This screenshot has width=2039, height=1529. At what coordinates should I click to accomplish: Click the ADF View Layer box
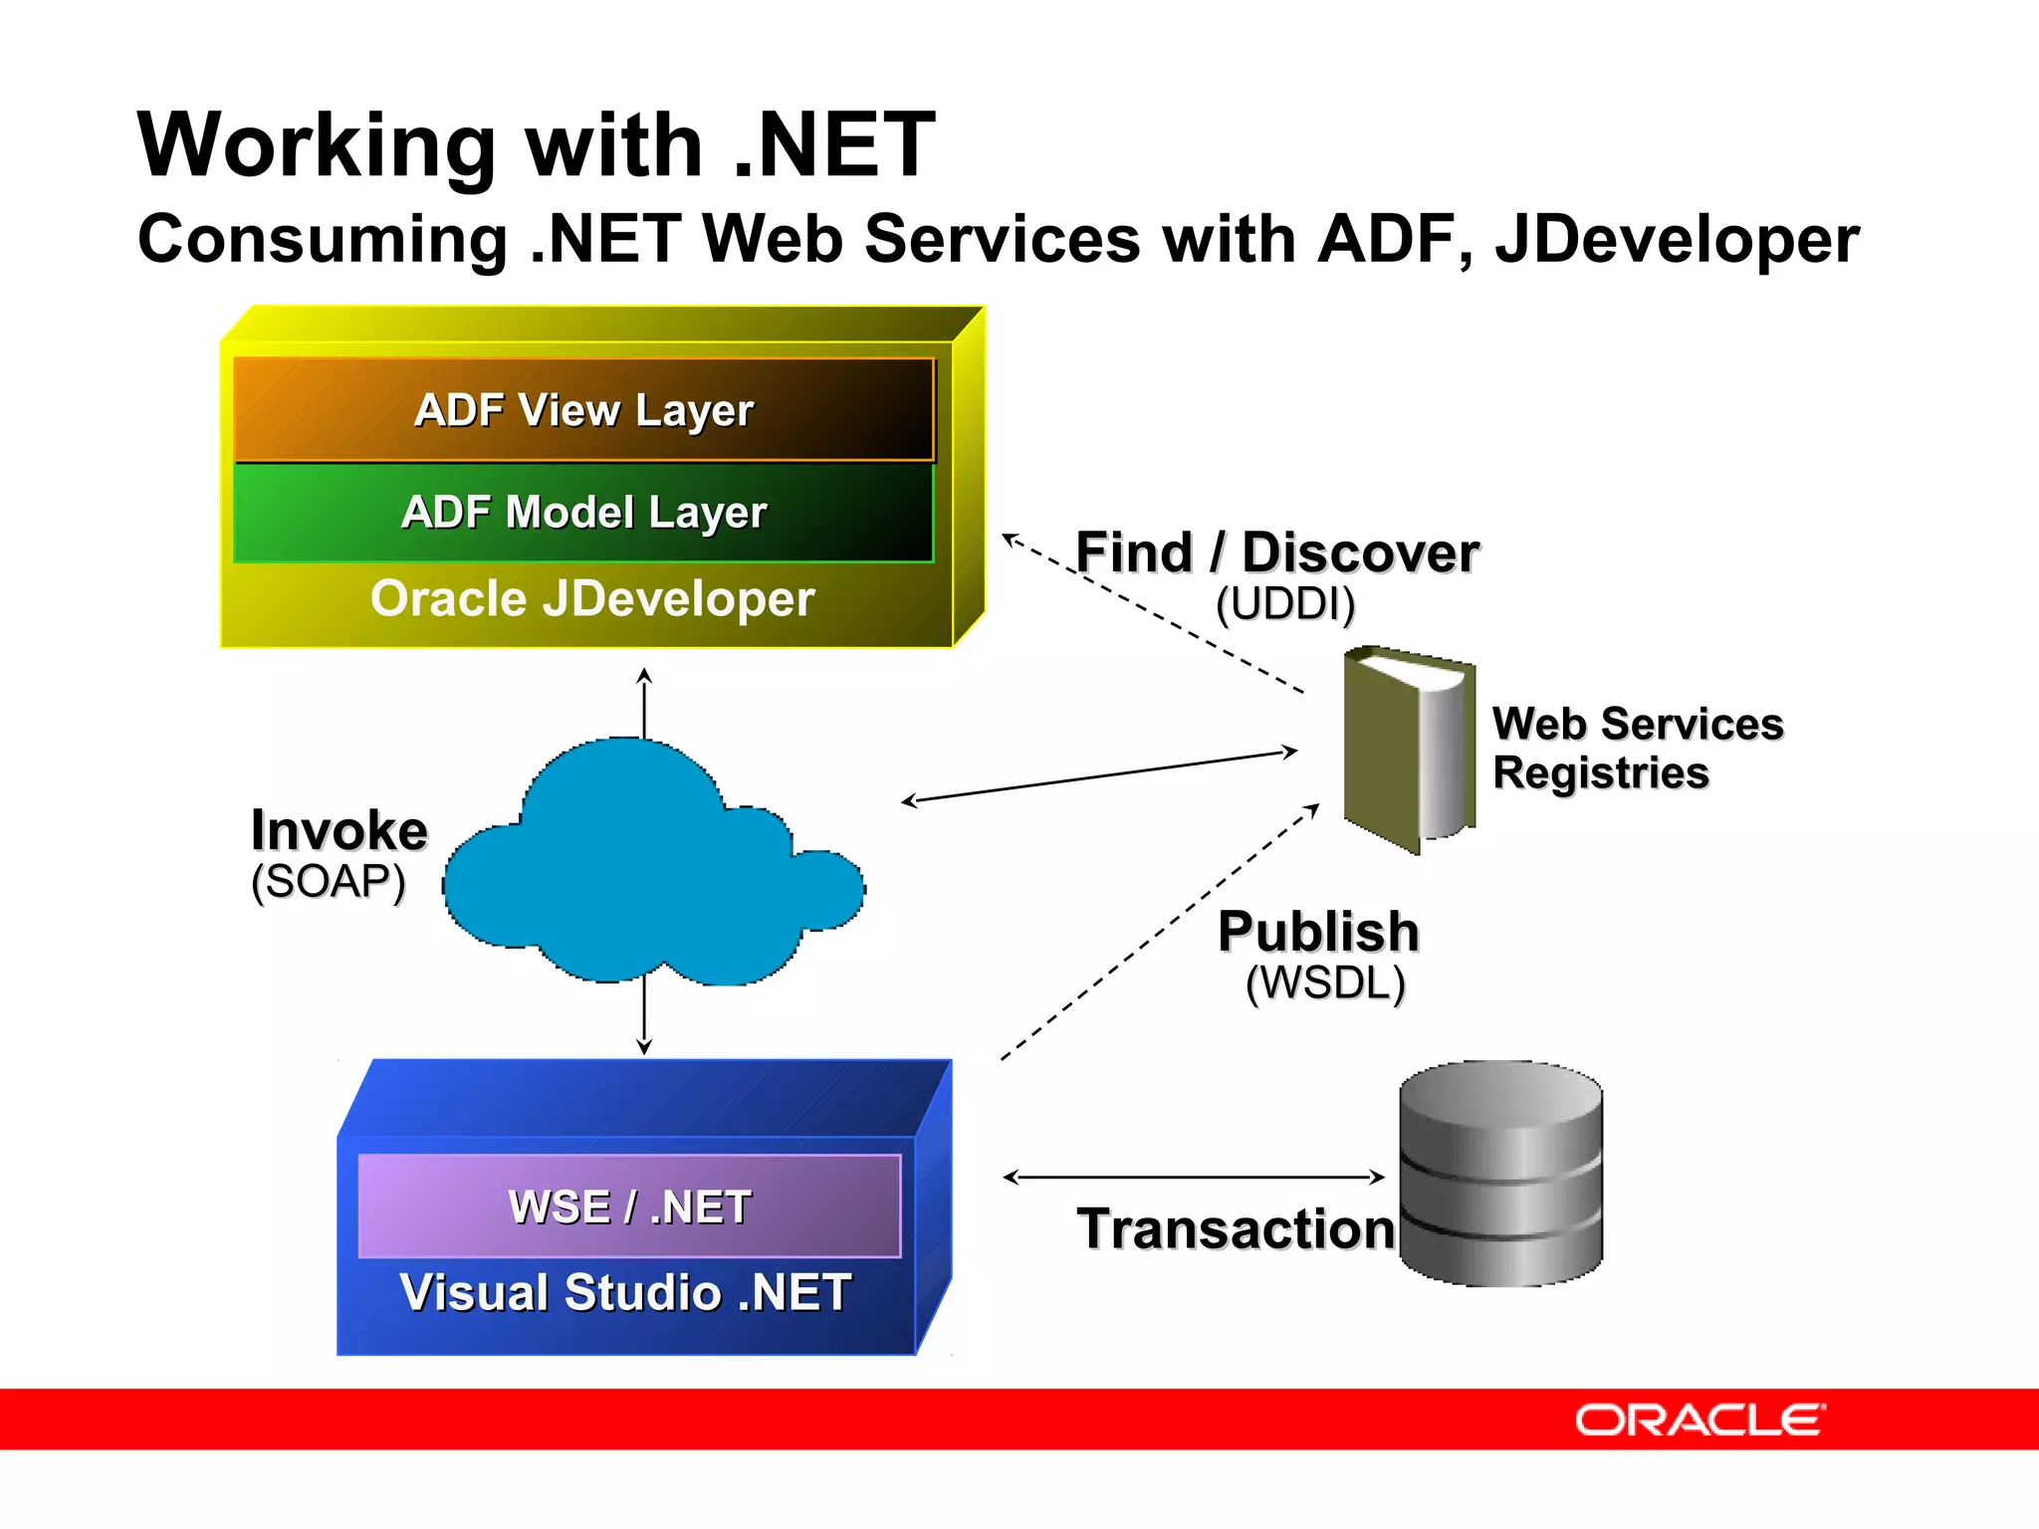[x=584, y=410]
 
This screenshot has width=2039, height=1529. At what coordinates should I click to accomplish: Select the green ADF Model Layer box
[x=584, y=513]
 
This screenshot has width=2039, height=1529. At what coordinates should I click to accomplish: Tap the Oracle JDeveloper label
[x=592, y=599]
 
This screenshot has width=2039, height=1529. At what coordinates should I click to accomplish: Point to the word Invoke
[x=339, y=830]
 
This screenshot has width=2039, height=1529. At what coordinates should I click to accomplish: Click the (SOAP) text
[x=329, y=882]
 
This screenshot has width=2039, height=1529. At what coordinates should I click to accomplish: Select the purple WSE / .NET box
[x=629, y=1206]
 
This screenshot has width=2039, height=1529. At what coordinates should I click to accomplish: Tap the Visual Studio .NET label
[x=625, y=1293]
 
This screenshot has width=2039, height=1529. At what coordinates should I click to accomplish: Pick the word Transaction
[x=1236, y=1229]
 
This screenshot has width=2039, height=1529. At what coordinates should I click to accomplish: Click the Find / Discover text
[x=1277, y=552]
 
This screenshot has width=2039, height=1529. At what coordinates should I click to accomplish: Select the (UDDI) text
[x=1285, y=604]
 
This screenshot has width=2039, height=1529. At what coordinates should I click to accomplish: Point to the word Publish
[x=1318, y=932]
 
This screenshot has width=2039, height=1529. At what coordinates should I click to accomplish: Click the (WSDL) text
[x=1325, y=983]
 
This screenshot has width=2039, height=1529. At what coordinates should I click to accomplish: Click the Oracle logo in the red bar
[x=1699, y=1420]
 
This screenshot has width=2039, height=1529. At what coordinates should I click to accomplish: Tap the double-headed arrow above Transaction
[x=1194, y=1178]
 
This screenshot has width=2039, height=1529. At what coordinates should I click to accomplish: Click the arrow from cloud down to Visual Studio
[x=644, y=1015]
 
